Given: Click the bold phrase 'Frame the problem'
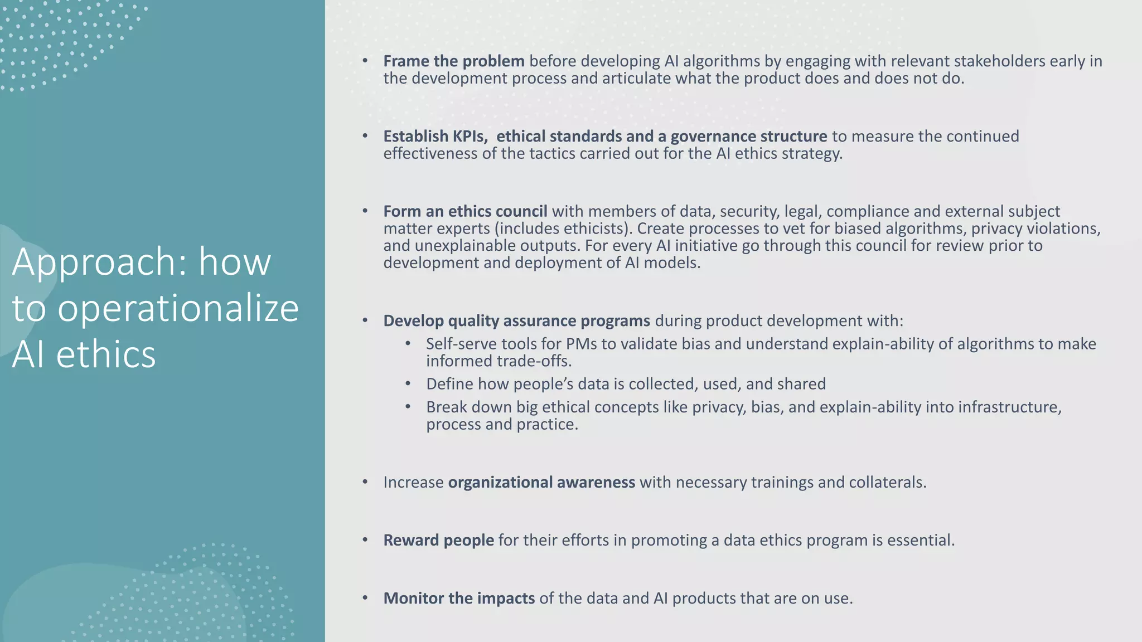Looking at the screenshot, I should click(453, 61).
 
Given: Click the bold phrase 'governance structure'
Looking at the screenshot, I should click(748, 136).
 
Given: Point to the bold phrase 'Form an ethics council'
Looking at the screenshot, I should click(465, 211).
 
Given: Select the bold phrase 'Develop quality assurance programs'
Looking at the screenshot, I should click(516, 320).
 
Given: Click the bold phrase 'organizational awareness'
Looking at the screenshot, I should click(541, 482).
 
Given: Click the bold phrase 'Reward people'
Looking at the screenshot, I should click(438, 540).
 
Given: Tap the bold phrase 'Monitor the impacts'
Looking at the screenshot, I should click(459, 598).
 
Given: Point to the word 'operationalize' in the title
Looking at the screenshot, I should click(178, 308).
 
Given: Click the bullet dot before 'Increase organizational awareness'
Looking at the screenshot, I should click(365, 482).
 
